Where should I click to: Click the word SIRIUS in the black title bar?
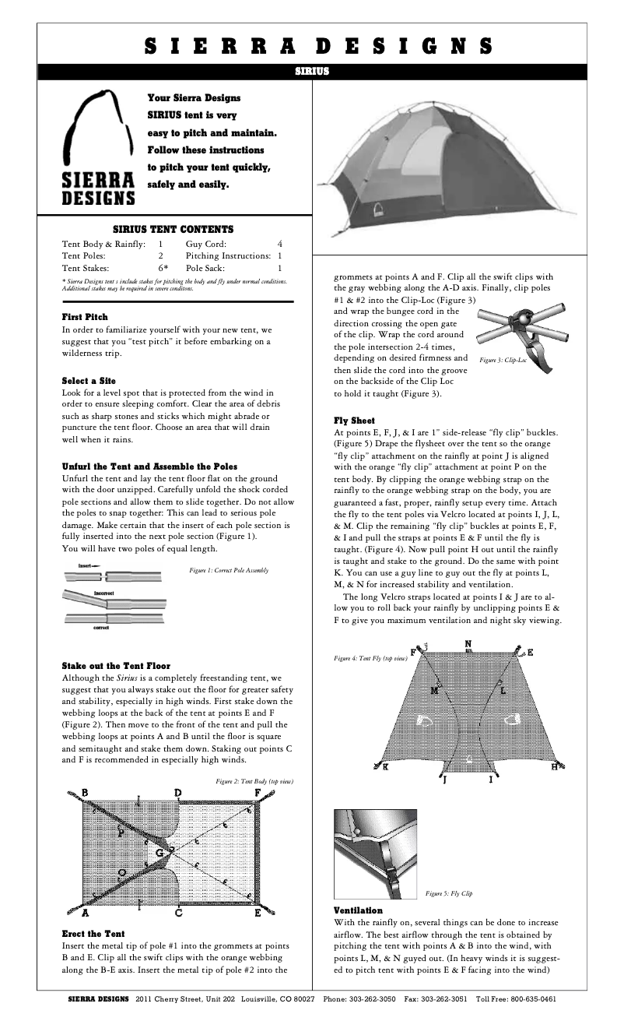(x=312, y=71)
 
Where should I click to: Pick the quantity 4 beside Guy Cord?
(x=279, y=244)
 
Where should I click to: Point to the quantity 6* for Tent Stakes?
(x=163, y=267)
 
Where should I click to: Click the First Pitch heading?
(x=85, y=317)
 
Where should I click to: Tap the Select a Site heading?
(x=89, y=381)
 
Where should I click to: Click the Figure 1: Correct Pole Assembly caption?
(x=229, y=571)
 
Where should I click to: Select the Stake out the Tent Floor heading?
(x=116, y=666)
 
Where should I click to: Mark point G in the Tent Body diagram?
(x=160, y=853)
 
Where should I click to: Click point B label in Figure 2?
(x=84, y=793)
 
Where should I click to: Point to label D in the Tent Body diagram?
(x=178, y=793)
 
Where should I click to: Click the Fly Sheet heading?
(x=354, y=421)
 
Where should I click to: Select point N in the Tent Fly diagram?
(x=468, y=644)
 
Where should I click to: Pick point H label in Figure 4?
(x=555, y=766)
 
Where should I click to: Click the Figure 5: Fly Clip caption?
(x=449, y=892)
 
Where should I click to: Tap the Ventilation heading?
(x=358, y=910)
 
